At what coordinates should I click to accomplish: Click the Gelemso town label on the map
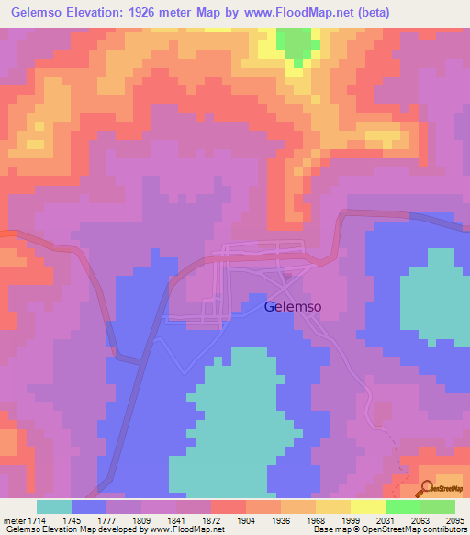(x=292, y=308)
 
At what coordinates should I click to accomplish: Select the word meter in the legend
(x=16, y=520)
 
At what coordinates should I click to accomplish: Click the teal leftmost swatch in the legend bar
(x=53, y=507)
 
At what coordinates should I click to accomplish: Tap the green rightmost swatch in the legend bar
(x=437, y=507)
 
